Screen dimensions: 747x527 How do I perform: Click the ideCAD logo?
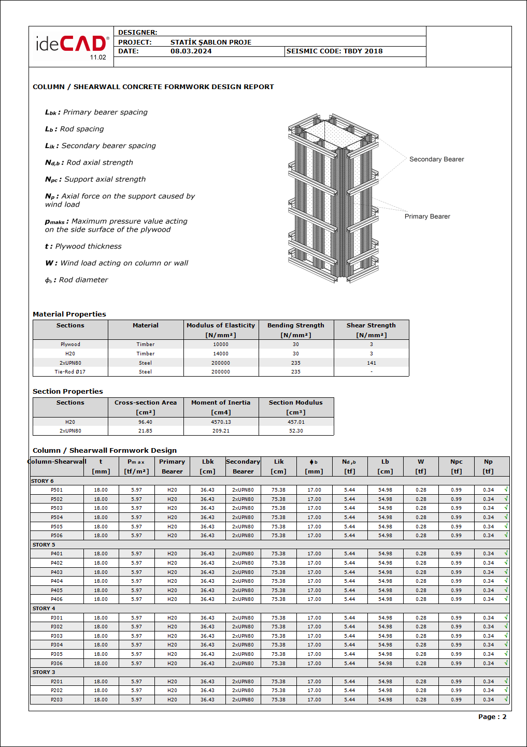pos(72,45)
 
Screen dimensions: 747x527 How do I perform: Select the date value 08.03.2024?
pos(191,51)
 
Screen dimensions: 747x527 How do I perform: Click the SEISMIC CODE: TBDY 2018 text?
pos(334,51)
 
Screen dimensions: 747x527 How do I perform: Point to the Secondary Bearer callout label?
pos(436,160)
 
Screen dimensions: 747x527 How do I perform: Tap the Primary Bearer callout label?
pos(427,217)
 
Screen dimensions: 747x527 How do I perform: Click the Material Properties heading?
pos(69,314)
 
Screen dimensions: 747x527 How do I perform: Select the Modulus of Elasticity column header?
pos(221,330)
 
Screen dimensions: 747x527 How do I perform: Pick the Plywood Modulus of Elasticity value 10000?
pos(221,344)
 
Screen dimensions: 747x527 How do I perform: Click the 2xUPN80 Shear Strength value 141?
pos(371,363)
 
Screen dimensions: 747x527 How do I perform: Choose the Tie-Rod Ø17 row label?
pos(70,372)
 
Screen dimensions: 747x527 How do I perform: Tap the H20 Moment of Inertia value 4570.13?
pos(221,422)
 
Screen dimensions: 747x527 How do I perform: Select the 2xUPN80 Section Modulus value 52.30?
pos(296,431)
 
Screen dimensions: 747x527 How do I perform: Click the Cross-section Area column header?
pos(146,407)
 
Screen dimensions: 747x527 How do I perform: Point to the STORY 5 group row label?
pos(44,545)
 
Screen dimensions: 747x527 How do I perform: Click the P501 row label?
pos(56,490)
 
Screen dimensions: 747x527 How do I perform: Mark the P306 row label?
pos(56,664)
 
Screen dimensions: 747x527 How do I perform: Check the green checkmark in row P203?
pos(506,699)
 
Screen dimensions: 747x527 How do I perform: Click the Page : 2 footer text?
pos(492,717)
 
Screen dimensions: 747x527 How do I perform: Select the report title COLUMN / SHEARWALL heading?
pos(153,87)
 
